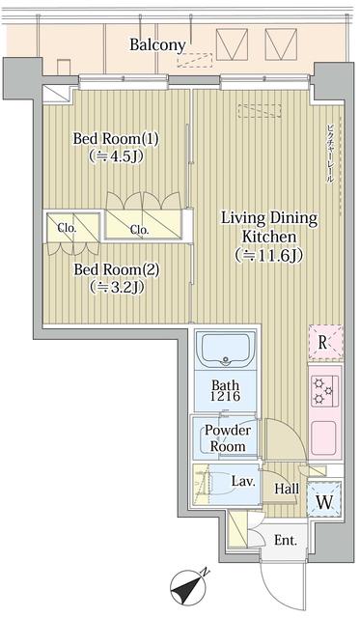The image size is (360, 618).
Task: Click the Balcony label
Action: point(158,45)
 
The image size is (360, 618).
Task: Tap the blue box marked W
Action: point(322,501)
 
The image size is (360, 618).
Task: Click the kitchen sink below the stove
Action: point(322,439)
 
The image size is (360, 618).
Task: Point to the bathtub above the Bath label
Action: point(226,351)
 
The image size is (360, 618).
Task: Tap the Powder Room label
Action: point(230,437)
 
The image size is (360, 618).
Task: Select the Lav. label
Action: point(242,480)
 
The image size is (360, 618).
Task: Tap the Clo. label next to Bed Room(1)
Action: point(139,230)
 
